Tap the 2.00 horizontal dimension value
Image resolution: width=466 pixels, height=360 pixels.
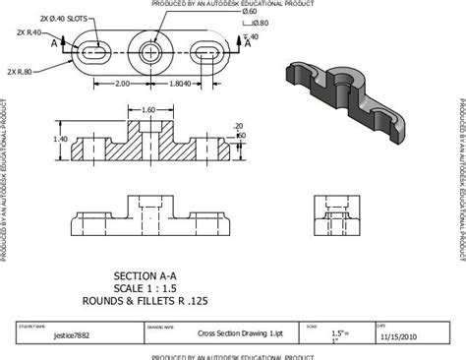click(x=122, y=84)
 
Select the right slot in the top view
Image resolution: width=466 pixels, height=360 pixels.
click(x=209, y=50)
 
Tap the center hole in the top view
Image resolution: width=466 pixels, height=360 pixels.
click(x=152, y=50)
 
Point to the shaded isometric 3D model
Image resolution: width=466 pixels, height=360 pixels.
click(x=341, y=91)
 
